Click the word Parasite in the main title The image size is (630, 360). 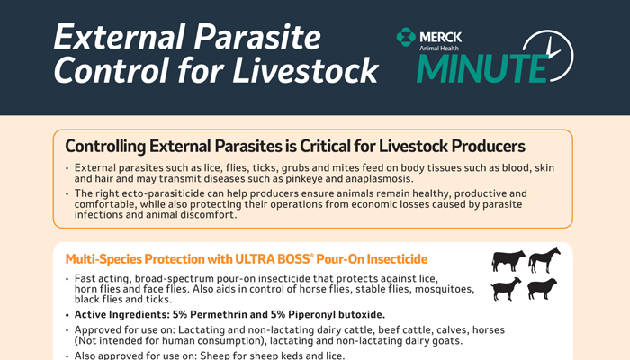click(x=257, y=37)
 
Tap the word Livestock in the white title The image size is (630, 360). click(x=305, y=70)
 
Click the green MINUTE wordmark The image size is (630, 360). click(x=482, y=67)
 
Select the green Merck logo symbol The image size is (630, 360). click(x=406, y=37)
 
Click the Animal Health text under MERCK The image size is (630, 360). click(x=439, y=49)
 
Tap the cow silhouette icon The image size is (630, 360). click(x=508, y=261)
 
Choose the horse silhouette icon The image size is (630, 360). click(x=544, y=260)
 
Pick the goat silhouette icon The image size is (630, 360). click(x=506, y=289)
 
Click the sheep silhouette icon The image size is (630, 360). click(x=543, y=289)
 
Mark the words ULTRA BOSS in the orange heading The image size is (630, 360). click(x=272, y=259)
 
